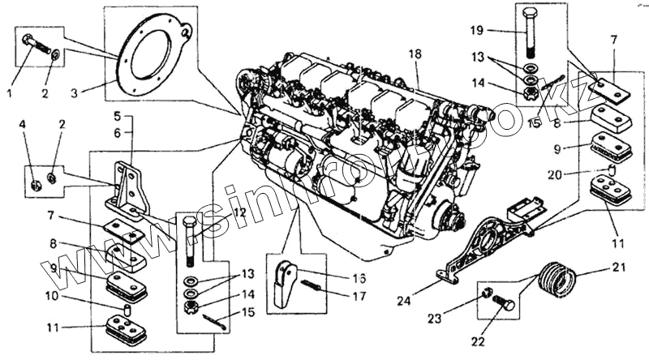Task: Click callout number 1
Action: [x=10, y=93]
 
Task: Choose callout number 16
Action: [x=359, y=277]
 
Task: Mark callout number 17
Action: [x=359, y=297]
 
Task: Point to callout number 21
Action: [x=620, y=268]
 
